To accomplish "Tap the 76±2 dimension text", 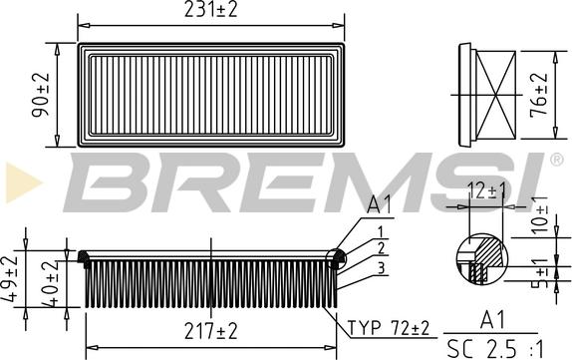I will tap(539, 94).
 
